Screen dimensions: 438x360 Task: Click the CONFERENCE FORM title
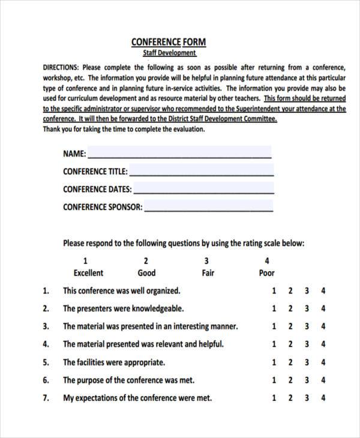pyautogui.click(x=168, y=42)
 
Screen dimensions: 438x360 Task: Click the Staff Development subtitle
pyautogui.click(x=169, y=53)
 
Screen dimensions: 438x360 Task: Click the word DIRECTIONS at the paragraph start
pyautogui.click(x=61, y=67)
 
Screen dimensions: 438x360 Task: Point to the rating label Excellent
pyautogui.click(x=88, y=273)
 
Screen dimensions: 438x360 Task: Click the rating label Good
pyautogui.click(x=146, y=273)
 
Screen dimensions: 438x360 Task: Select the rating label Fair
pyautogui.click(x=208, y=273)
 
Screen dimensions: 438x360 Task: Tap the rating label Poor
pyautogui.click(x=266, y=273)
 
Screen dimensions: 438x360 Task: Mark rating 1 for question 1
pyautogui.click(x=274, y=291)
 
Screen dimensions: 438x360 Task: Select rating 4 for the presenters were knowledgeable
pyautogui.click(x=323, y=309)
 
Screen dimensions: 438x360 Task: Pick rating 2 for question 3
pyautogui.click(x=290, y=327)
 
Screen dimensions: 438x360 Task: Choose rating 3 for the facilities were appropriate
pyautogui.click(x=307, y=362)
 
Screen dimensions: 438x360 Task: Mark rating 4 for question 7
pyautogui.click(x=323, y=398)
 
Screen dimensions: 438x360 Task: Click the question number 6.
pyautogui.click(x=46, y=380)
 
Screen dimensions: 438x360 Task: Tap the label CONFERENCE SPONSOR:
pyautogui.click(x=103, y=207)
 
